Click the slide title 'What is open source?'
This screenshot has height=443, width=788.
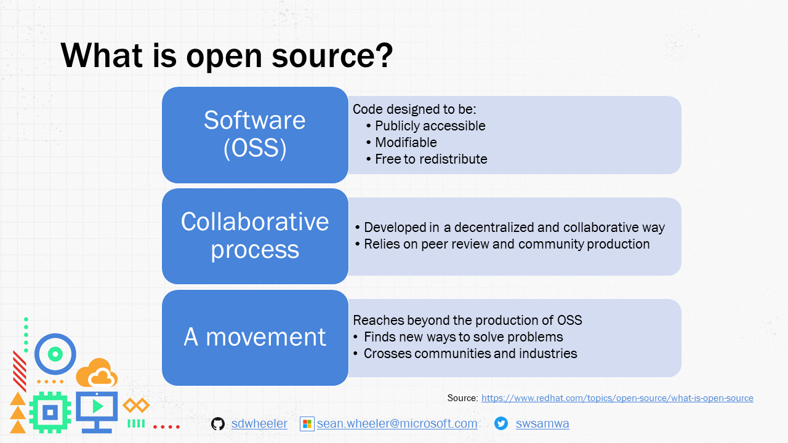227,55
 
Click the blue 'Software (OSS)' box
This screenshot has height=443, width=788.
255,135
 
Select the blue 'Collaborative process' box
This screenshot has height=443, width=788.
255,236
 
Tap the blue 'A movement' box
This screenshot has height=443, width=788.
255,337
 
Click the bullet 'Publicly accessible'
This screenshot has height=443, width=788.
430,126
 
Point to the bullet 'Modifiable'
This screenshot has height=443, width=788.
406,143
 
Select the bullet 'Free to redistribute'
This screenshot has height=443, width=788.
431,159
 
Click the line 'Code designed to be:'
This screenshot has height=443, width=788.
414,110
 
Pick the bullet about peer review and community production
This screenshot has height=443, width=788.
506,244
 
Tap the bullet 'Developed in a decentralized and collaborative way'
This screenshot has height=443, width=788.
513,228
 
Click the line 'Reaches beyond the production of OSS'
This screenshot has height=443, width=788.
467,321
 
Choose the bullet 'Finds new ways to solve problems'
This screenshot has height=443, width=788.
463,337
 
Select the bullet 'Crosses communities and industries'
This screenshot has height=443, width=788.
470,354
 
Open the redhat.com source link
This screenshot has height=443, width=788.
617,398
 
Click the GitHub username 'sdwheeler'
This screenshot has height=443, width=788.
259,424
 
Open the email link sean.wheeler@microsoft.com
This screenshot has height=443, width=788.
397,424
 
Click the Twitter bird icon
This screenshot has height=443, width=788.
501,423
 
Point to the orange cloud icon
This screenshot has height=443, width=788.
97,373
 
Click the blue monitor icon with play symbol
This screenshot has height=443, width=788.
97,410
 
